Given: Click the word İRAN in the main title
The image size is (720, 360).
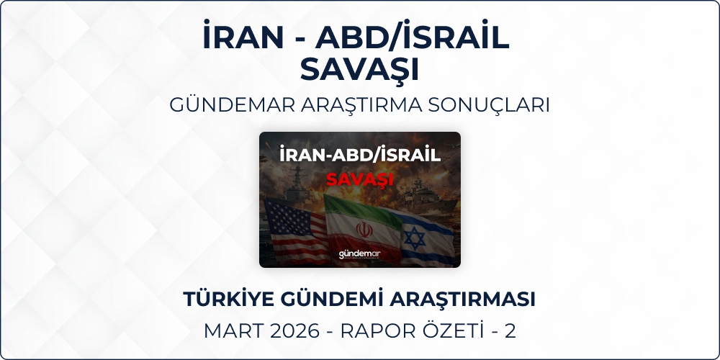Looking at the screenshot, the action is pos(243,36).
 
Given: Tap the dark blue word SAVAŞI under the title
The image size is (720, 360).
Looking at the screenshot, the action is pos(359,70).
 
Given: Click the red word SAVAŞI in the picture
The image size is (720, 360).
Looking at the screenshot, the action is pos(359,179).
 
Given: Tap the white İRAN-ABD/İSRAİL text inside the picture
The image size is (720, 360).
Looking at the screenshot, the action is pos(360,155).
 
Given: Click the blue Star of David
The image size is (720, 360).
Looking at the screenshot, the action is pos(414,238).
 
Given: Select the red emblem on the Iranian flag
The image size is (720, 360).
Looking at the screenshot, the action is pos(364,230).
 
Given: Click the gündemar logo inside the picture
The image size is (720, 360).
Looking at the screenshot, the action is pos(359,254).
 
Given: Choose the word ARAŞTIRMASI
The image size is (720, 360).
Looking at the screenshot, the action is pos(462,299).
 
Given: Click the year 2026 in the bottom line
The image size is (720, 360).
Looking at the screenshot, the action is pos(294,331).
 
